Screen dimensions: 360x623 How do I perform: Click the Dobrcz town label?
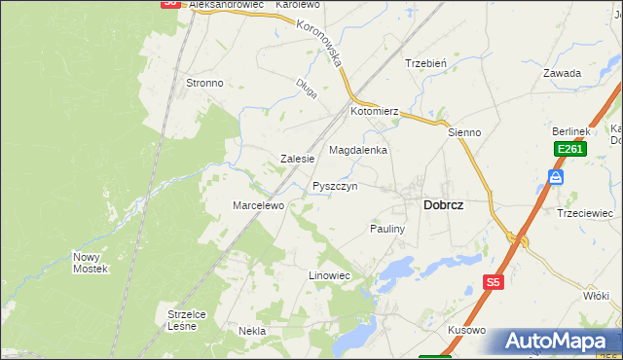tap(443, 205)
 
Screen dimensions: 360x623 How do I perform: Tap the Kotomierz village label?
tap(376, 113)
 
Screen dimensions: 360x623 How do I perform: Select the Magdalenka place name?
tap(358, 151)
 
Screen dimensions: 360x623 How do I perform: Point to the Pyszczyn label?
tap(335, 186)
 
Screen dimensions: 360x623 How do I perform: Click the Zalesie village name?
tap(297, 159)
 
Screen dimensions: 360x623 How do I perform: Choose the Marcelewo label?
tap(257, 205)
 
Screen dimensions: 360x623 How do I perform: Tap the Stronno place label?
tap(204, 84)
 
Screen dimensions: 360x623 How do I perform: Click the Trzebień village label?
tap(425, 63)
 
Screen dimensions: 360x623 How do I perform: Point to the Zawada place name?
tap(563, 73)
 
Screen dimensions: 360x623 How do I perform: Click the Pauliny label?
tap(386, 228)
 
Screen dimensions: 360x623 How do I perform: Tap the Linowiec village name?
tap(329, 276)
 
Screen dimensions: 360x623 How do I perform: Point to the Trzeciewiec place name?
tap(584, 213)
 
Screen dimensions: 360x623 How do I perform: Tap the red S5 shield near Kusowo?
tap(494, 282)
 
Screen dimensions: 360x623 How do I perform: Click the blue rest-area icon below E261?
tap(556, 176)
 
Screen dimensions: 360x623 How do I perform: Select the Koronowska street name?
tap(324, 44)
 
